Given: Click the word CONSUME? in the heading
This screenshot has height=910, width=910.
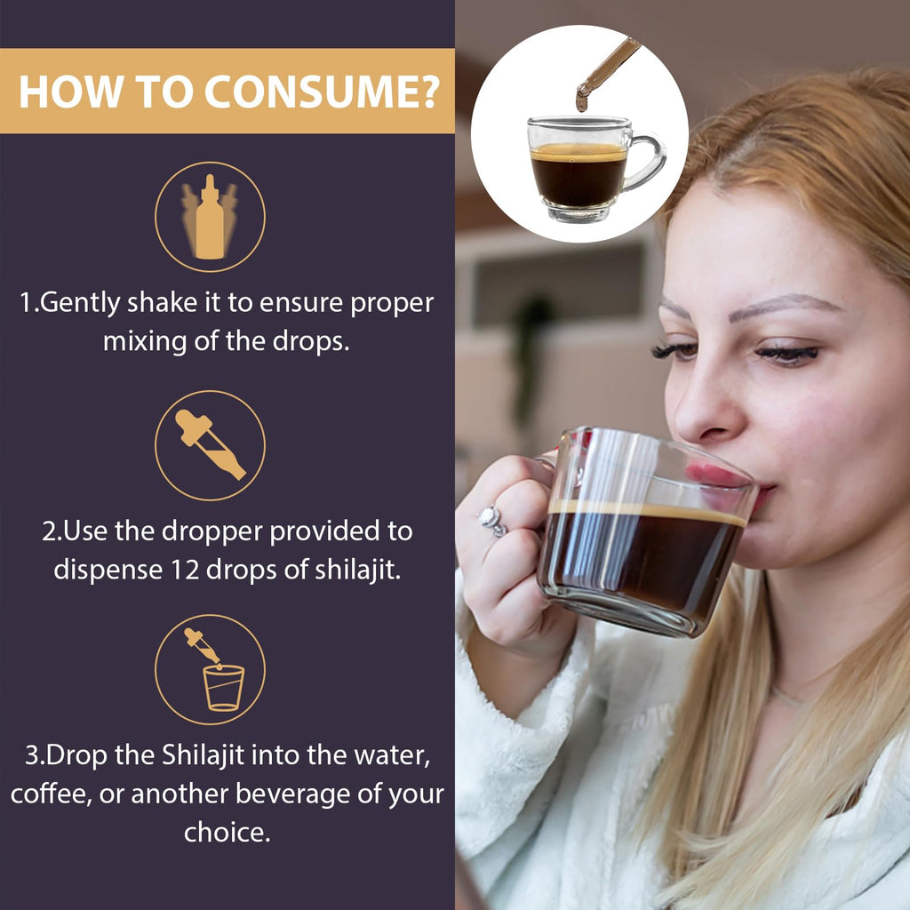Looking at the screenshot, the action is [x=322, y=92].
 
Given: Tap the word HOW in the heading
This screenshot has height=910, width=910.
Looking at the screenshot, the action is [x=71, y=92].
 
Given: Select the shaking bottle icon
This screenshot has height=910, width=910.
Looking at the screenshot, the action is [x=210, y=217].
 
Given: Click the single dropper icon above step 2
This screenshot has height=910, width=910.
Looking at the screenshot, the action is [x=210, y=444].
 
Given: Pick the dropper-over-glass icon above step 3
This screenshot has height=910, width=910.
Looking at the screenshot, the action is [x=214, y=670].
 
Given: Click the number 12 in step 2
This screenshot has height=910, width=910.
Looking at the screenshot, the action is [x=185, y=570].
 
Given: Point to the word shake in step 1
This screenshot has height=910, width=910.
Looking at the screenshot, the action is [x=162, y=302].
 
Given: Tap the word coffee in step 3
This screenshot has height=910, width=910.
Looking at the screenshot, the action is [x=51, y=794].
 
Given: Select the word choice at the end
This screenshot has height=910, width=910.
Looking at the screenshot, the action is [x=227, y=832].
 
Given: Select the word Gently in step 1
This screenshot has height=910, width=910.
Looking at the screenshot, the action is [x=81, y=304].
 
